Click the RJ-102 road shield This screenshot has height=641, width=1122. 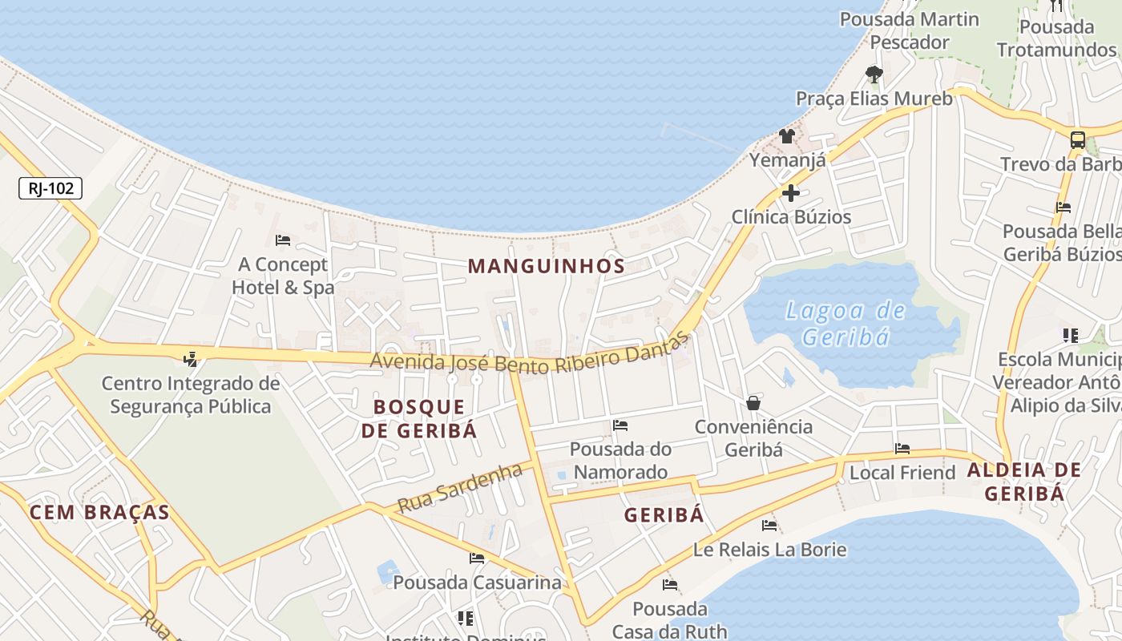[50, 188]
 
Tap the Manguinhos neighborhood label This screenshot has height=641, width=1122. [546, 266]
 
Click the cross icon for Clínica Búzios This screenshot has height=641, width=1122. [791, 193]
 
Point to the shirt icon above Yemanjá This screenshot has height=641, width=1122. [787, 136]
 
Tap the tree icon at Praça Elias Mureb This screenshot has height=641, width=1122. [874, 75]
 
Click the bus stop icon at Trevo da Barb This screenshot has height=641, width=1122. [1078, 139]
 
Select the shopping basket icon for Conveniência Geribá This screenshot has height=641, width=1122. [753, 403]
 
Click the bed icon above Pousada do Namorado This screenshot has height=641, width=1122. [620, 425]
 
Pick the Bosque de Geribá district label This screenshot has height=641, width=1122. [418, 418]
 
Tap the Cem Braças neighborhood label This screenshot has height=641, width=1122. [99, 512]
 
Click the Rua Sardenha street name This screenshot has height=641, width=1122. [460, 490]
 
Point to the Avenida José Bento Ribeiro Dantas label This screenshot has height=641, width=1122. [529, 356]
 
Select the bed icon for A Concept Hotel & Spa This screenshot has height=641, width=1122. [282, 240]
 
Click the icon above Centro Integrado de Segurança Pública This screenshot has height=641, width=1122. [191, 359]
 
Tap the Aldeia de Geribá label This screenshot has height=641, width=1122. [1024, 481]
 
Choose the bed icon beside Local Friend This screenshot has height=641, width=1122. [902, 449]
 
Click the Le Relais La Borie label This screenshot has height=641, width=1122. [769, 550]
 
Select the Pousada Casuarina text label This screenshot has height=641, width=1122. [477, 583]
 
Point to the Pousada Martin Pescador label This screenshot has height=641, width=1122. [910, 30]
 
